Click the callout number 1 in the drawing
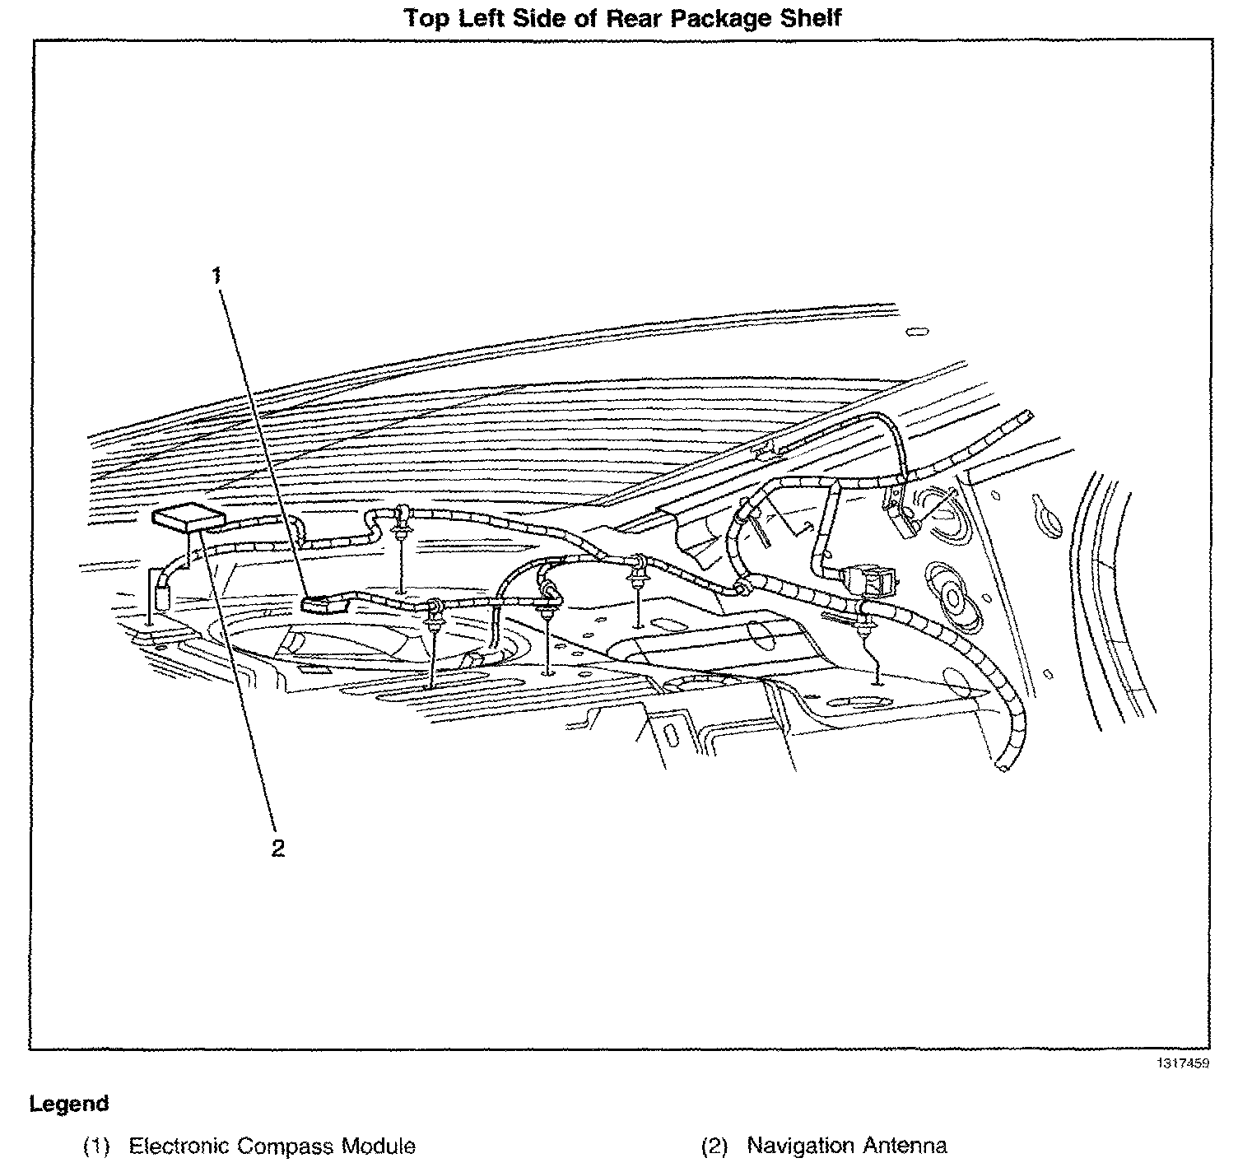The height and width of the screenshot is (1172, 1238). [x=216, y=275]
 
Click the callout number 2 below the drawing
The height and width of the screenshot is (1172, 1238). [x=278, y=849]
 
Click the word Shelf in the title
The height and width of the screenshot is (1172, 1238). [x=810, y=17]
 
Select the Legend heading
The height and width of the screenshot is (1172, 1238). [x=69, y=1104]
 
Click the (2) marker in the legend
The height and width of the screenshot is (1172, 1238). [x=714, y=1146]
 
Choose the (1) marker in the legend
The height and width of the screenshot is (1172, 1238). [x=96, y=1146]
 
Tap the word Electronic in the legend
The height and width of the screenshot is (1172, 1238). [x=179, y=1146]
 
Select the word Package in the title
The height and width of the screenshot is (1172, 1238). [x=721, y=17]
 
